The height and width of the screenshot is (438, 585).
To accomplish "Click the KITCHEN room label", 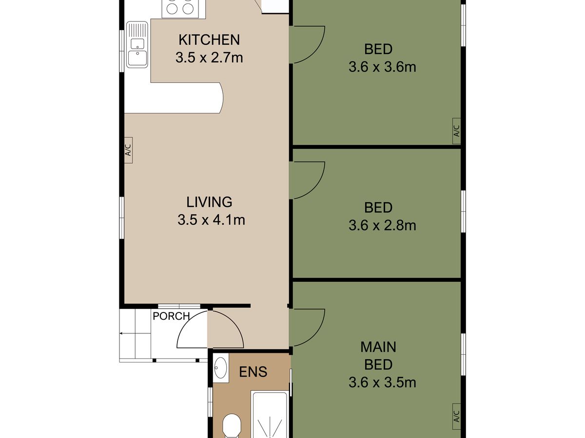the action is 209,40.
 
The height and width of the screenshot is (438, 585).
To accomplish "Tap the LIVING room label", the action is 209,202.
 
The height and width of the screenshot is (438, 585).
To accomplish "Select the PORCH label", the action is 171,316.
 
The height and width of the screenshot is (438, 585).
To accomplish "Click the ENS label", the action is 253,372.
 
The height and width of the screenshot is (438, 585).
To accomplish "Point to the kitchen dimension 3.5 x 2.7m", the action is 209,58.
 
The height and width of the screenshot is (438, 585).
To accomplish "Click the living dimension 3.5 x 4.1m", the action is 211,220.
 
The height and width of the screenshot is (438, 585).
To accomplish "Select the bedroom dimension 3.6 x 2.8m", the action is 382,225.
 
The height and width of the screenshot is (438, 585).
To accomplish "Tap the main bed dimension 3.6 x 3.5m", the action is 382,383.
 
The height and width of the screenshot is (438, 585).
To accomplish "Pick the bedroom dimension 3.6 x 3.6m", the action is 382,67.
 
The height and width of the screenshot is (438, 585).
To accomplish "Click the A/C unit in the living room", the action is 128,150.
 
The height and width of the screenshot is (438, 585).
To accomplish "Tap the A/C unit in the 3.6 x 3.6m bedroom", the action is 456,131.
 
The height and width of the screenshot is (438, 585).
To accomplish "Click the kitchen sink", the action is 137,44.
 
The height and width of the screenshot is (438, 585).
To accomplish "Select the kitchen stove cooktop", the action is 180,8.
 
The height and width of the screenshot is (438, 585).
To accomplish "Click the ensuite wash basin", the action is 221,368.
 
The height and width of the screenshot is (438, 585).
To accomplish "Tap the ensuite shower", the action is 270,414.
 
